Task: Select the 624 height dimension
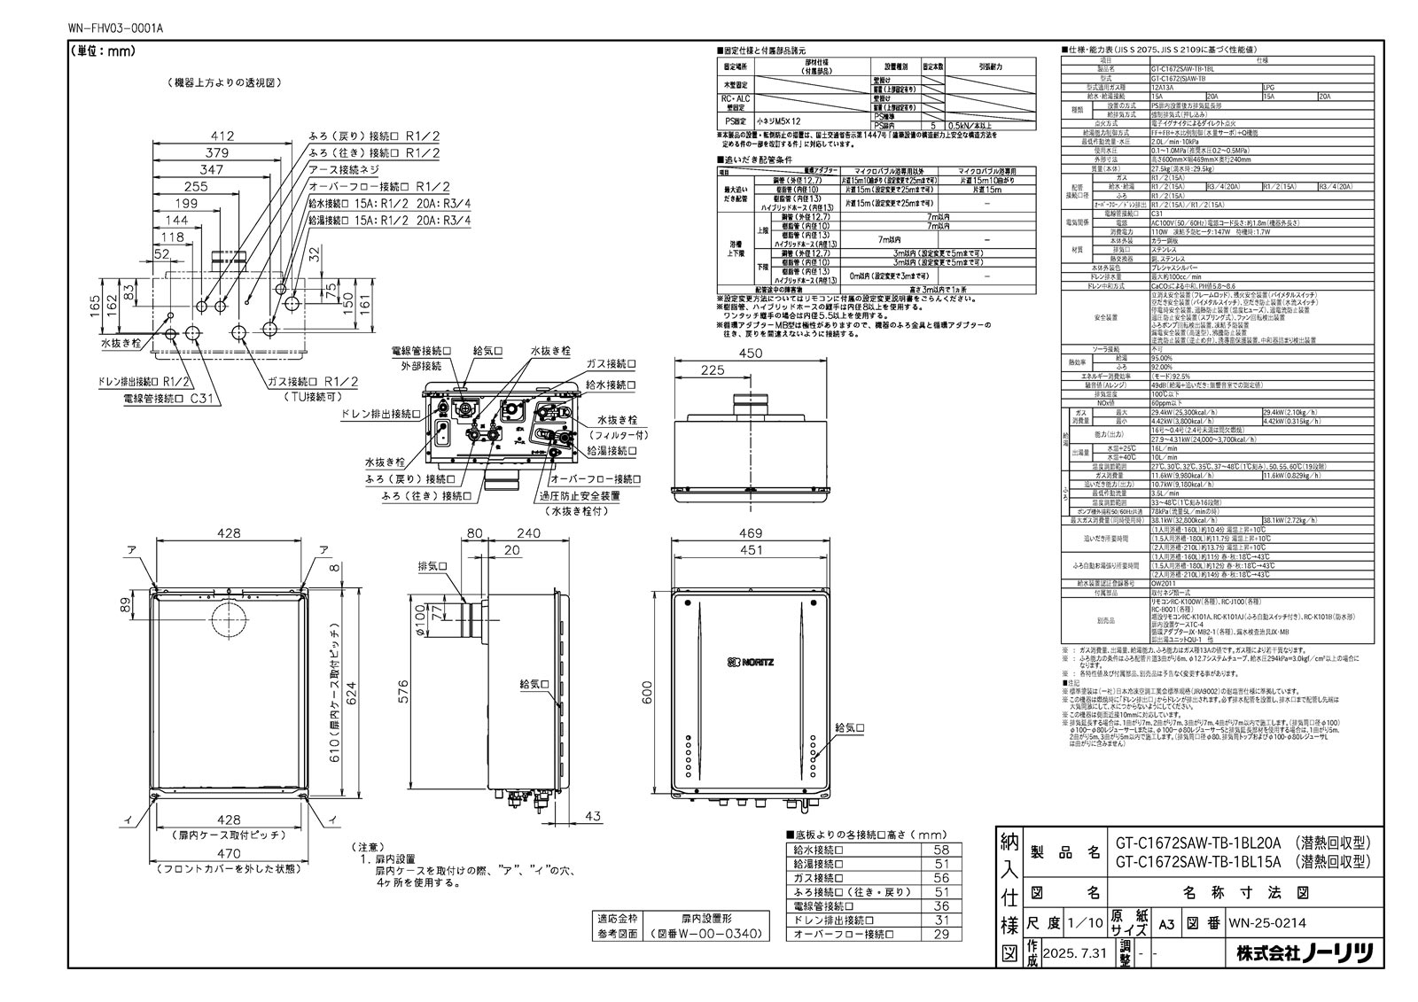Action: click(x=352, y=690)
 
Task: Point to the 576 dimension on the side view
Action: click(x=403, y=696)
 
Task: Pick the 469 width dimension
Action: click(x=751, y=533)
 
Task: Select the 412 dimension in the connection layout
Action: click(x=223, y=136)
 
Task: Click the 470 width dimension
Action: click(x=230, y=854)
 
